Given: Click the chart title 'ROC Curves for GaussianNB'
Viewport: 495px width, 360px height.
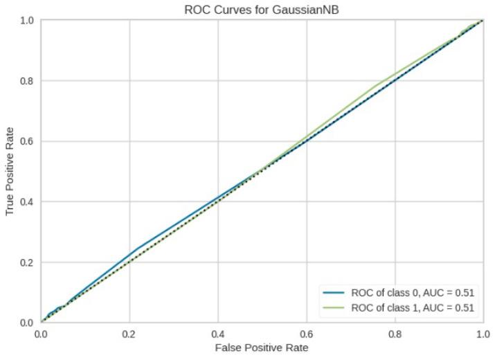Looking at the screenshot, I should point(262,8).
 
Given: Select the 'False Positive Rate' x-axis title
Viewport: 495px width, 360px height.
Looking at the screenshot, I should point(262,347).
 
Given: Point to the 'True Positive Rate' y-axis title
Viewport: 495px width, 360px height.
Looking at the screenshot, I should point(10,171).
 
